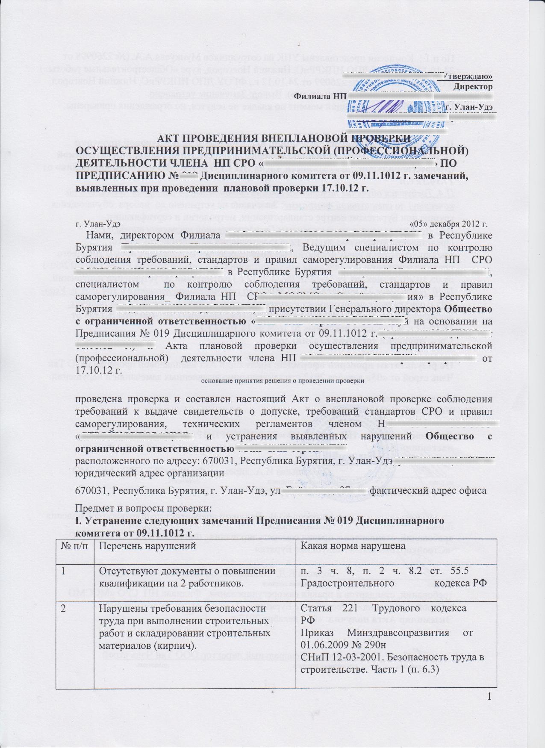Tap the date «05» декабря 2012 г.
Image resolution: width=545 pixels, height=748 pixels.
point(448,223)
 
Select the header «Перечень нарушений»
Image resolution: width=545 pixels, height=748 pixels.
point(147,545)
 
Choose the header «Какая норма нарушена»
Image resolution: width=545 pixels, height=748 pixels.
point(353,545)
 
